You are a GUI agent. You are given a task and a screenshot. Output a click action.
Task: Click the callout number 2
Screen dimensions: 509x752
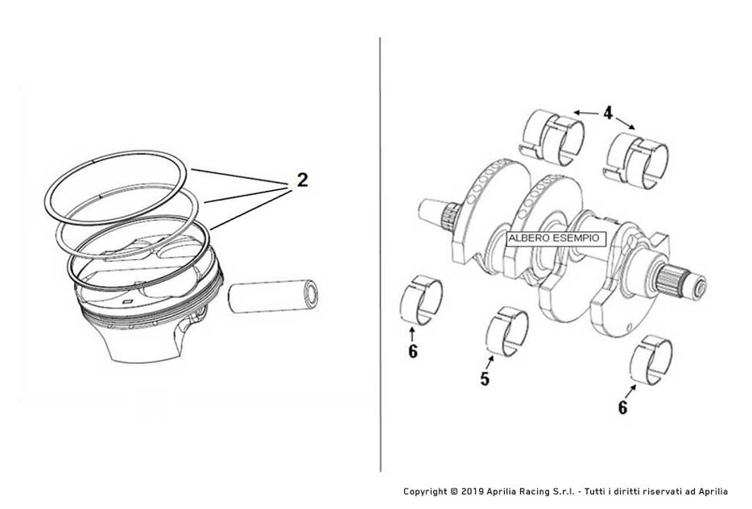(301, 180)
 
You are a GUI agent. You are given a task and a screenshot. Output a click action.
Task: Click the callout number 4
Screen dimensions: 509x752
(609, 114)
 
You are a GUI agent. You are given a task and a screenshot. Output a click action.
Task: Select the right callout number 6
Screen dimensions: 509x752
(622, 407)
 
